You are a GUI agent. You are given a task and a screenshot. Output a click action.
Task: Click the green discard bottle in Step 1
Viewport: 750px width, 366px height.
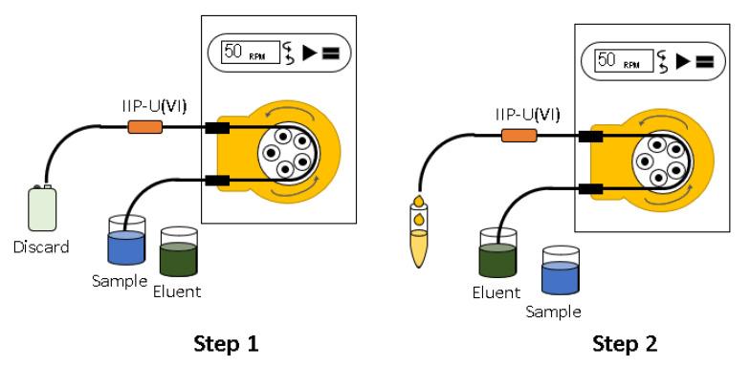[x=42, y=208]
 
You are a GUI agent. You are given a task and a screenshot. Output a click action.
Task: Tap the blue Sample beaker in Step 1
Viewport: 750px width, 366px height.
[x=126, y=240]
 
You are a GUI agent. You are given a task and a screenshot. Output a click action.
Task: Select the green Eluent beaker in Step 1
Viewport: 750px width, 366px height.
[x=179, y=251]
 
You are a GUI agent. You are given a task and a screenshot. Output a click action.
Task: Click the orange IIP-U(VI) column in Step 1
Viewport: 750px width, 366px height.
[x=145, y=126]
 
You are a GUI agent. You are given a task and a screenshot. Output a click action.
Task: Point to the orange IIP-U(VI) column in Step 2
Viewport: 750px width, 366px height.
[x=518, y=136]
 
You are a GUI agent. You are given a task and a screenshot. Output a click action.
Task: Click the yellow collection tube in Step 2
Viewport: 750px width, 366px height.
[x=419, y=235]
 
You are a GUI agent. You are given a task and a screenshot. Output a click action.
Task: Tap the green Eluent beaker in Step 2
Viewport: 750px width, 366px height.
[x=497, y=252]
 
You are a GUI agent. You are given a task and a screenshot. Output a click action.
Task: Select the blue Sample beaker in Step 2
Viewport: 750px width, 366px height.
[x=561, y=269]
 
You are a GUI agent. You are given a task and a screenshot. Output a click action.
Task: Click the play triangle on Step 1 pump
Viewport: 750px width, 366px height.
[x=310, y=53]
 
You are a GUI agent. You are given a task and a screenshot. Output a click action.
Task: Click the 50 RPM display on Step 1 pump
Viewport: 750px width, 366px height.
[x=251, y=52]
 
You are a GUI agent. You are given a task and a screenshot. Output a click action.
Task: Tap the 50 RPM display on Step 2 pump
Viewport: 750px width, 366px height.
[x=624, y=61]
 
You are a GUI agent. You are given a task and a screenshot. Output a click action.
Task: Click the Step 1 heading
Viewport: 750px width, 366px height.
[x=226, y=344]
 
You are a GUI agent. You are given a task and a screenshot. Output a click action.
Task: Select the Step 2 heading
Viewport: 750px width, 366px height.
[x=625, y=344]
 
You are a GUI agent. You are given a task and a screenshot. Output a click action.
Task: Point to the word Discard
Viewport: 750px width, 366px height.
[x=41, y=248]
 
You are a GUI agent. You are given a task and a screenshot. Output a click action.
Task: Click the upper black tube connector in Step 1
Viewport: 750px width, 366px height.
[x=217, y=128]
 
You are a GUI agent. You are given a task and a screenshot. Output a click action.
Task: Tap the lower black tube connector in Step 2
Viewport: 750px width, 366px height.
[x=590, y=189]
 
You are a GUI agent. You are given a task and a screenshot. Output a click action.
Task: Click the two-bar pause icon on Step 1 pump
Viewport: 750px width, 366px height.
[x=331, y=54]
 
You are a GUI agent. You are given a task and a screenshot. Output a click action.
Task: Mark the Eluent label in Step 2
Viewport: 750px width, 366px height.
[x=496, y=292]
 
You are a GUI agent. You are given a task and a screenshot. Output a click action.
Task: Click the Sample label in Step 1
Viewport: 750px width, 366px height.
[x=119, y=281]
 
